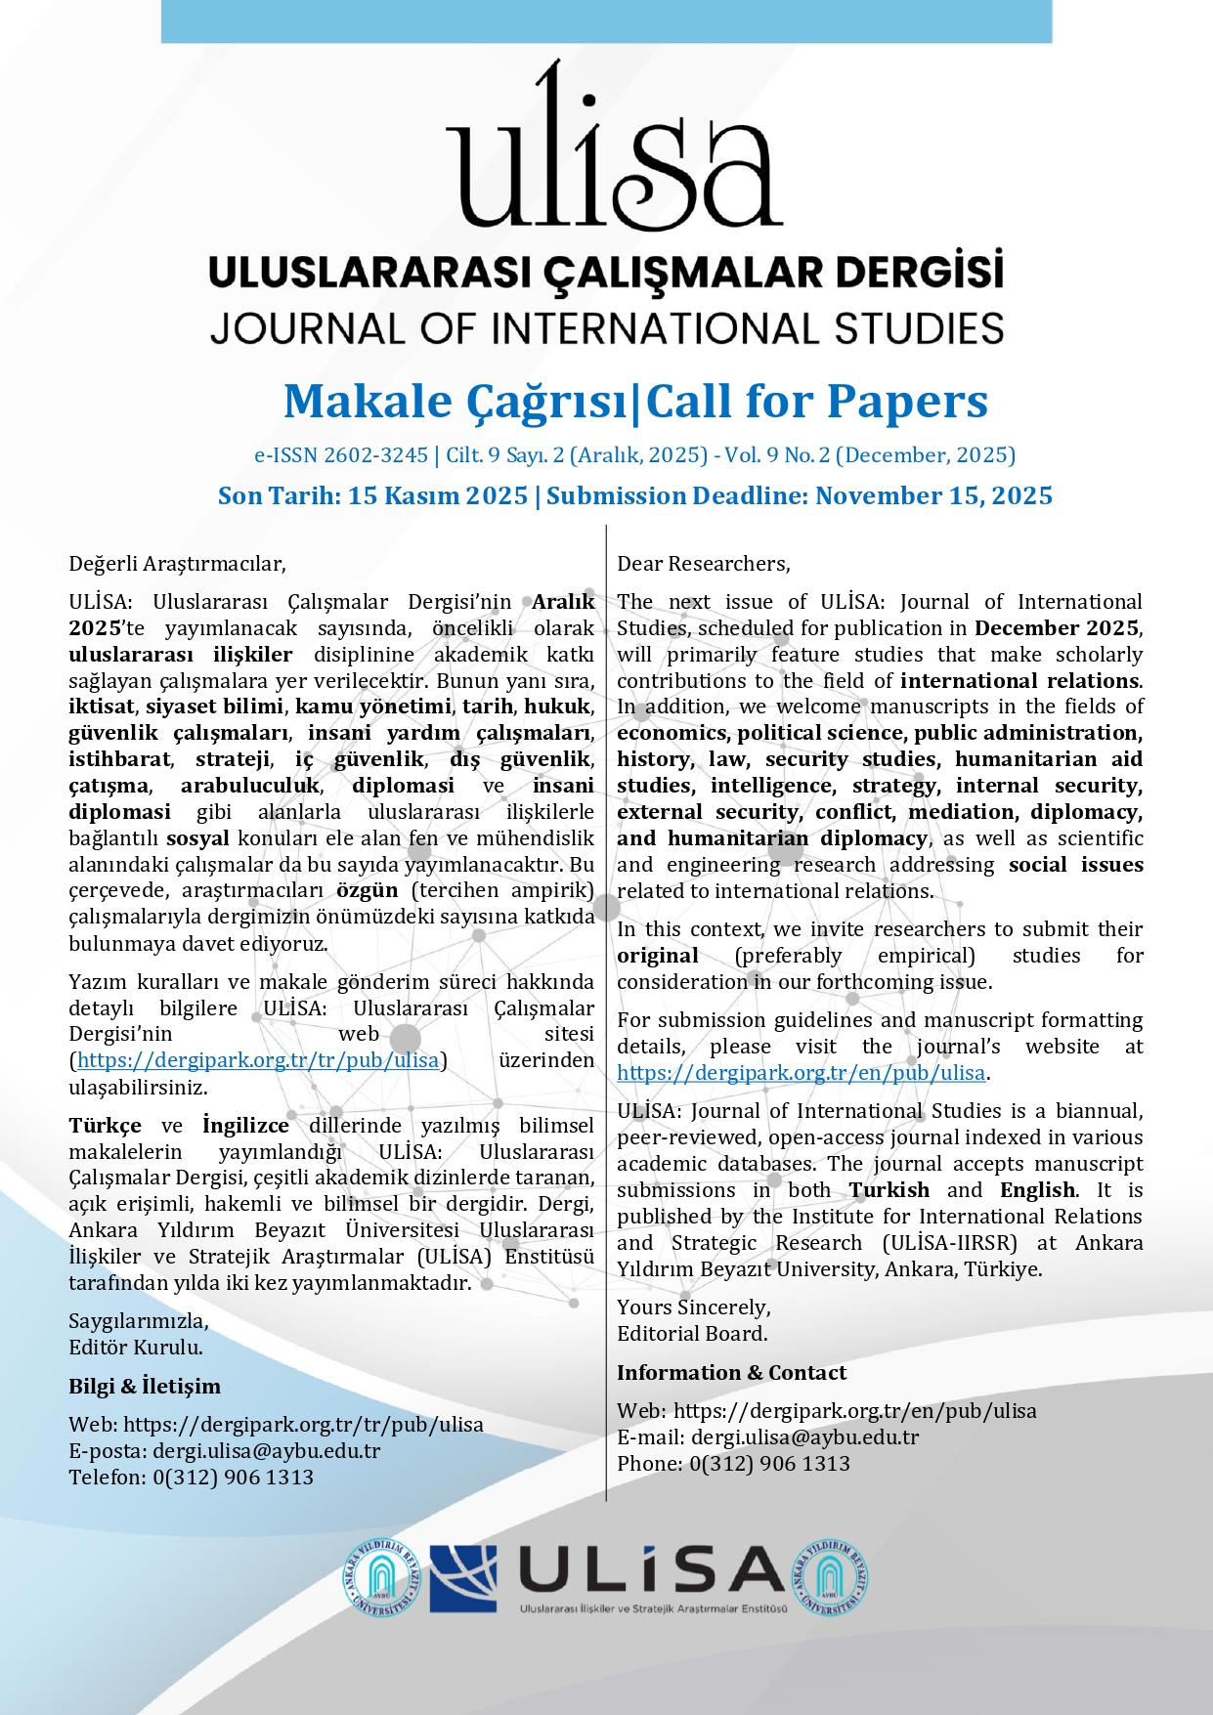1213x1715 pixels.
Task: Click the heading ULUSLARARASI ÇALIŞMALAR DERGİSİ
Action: [606, 272]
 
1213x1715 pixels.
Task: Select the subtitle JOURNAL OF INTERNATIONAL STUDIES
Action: [606, 328]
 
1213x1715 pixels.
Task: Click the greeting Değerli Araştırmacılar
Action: [177, 564]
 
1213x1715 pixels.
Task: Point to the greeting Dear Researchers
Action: [703, 564]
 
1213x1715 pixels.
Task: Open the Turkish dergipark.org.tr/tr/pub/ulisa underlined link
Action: [258, 1060]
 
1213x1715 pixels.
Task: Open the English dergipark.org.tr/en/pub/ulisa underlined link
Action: [801, 1073]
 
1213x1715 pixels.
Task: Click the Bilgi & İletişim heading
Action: [145, 1387]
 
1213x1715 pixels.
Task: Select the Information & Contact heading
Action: [731, 1373]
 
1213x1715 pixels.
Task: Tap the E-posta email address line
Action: [225, 1451]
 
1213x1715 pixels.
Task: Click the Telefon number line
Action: [192, 1478]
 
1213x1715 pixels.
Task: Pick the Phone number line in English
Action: [733, 1464]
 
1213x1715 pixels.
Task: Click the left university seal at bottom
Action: [382, 1578]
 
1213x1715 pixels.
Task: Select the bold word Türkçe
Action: [105, 1126]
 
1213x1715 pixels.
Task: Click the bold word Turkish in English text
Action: [888, 1190]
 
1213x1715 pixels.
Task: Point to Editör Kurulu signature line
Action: [136, 1348]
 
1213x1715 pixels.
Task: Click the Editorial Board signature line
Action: [692, 1334]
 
